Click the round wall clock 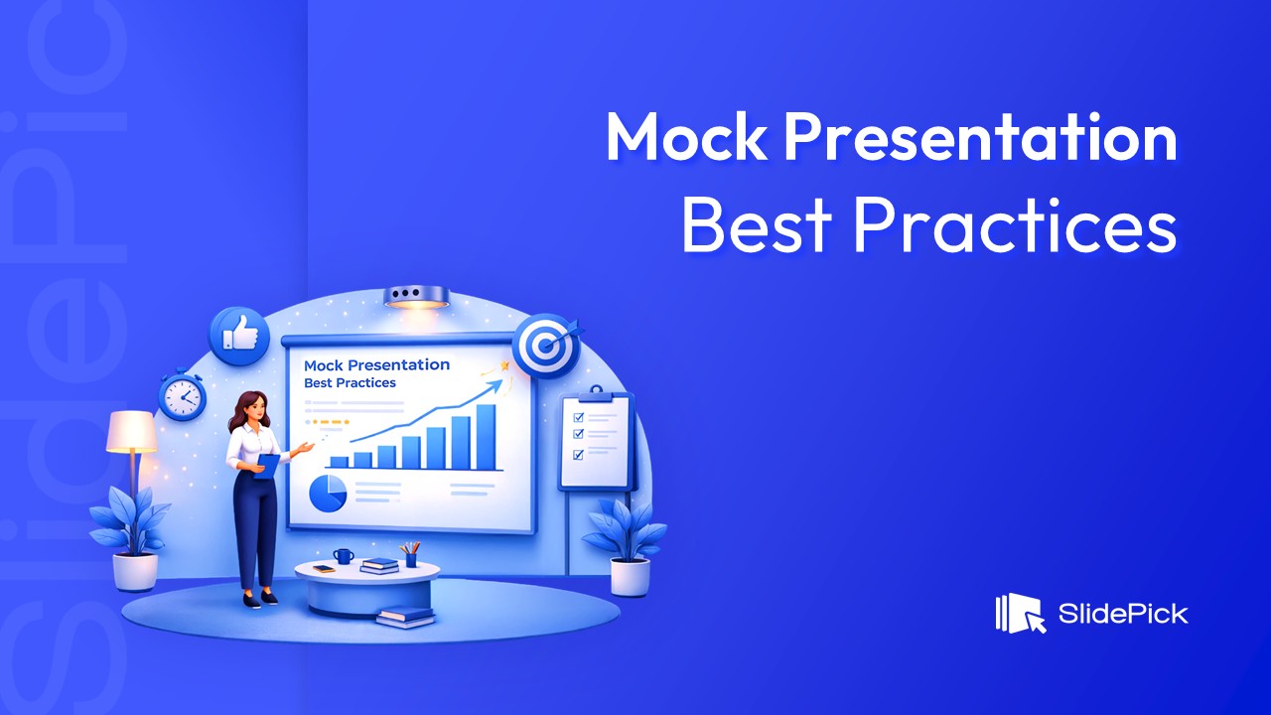[x=182, y=397]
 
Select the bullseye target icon [x=542, y=347]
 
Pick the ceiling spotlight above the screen [x=417, y=296]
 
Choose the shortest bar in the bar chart [x=339, y=462]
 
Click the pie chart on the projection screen [x=328, y=493]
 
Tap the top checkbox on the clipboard [x=579, y=418]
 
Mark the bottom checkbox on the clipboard [x=579, y=455]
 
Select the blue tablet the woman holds [x=265, y=465]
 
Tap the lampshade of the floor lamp [x=132, y=432]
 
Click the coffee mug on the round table [x=343, y=556]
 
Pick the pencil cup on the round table [x=410, y=556]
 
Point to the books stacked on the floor [x=405, y=616]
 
